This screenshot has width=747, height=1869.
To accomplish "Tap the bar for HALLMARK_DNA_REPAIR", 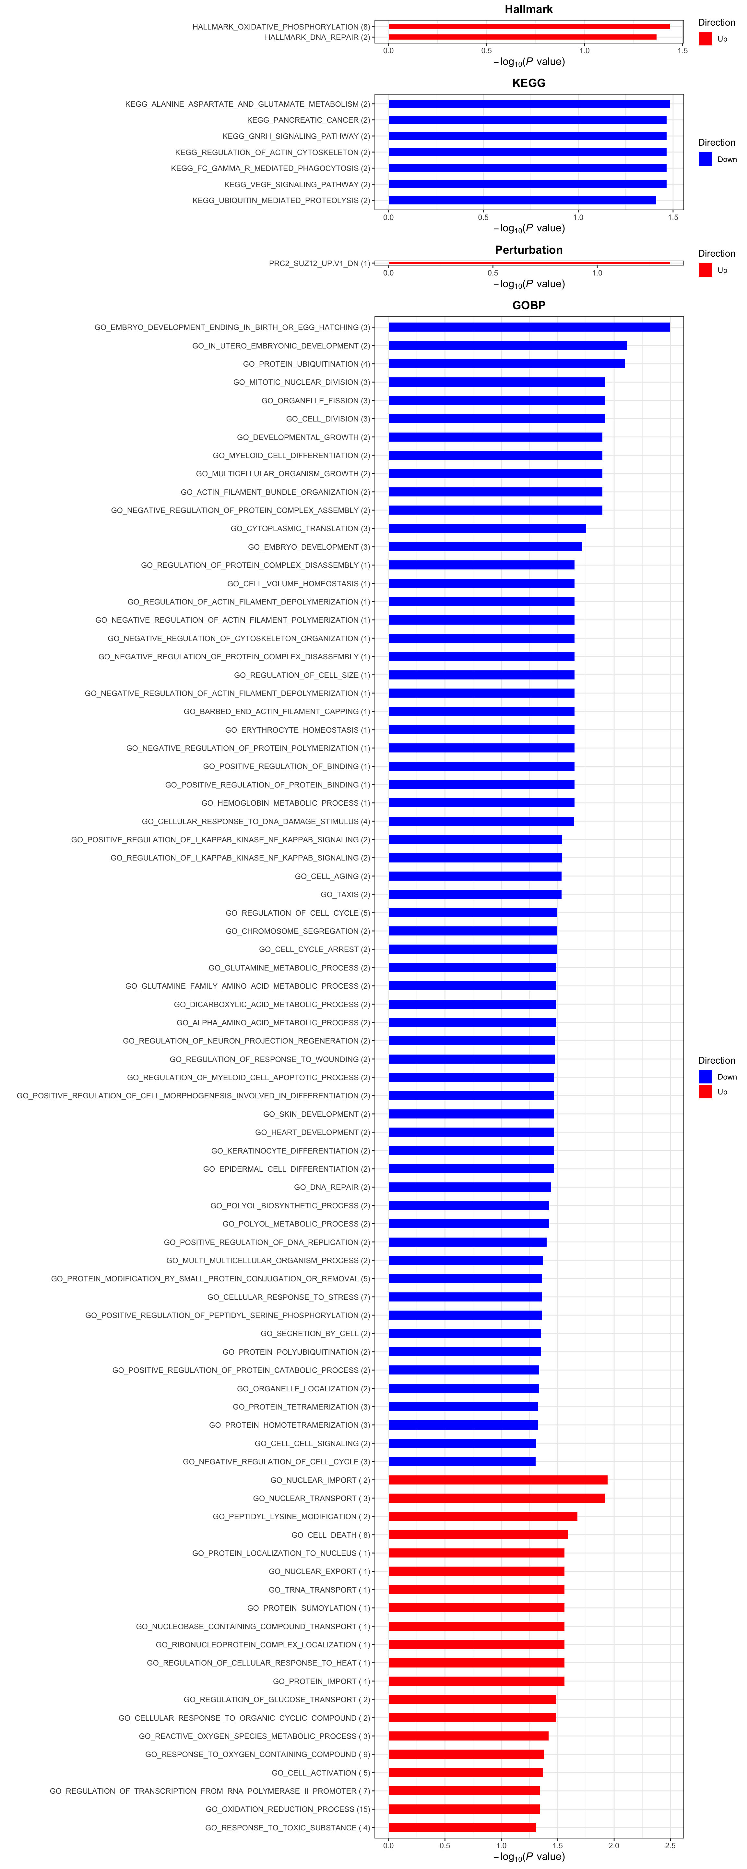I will click(x=522, y=37).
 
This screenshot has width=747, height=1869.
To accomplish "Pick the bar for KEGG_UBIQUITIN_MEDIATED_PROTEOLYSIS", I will click(x=522, y=200).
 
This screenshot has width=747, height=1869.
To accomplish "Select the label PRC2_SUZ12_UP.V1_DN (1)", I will click(x=319, y=263).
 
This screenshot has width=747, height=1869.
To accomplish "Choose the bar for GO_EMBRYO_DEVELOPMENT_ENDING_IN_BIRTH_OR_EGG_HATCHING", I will click(x=529, y=327).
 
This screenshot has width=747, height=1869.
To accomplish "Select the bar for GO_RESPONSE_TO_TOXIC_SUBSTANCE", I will click(x=462, y=1828).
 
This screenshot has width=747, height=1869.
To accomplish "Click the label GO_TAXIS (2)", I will click(x=345, y=895).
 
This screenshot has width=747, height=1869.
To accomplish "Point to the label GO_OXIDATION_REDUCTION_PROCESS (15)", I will click(x=288, y=1810).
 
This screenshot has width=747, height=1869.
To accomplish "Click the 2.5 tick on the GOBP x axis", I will click(x=670, y=1845).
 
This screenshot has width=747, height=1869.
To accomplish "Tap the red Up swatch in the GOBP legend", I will click(x=705, y=1092).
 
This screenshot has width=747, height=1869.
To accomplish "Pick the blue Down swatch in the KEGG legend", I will click(x=705, y=159).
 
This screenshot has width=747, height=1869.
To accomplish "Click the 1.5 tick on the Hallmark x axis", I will click(x=682, y=51).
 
